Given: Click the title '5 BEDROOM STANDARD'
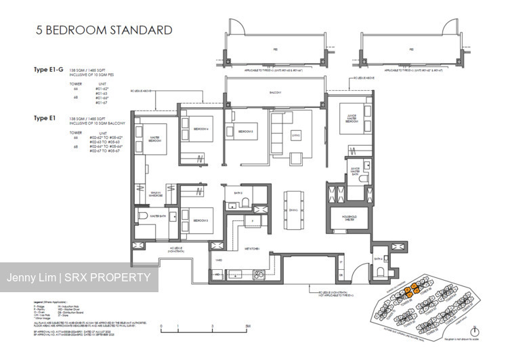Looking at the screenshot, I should pos(96,30).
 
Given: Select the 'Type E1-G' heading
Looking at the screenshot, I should pos(49,69).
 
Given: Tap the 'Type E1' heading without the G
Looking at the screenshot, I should pos(46,118).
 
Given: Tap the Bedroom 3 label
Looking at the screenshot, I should pos(245,132).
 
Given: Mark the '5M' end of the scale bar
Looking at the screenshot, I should pos(248,326).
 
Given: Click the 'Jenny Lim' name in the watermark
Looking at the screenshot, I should pos(30,278).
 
